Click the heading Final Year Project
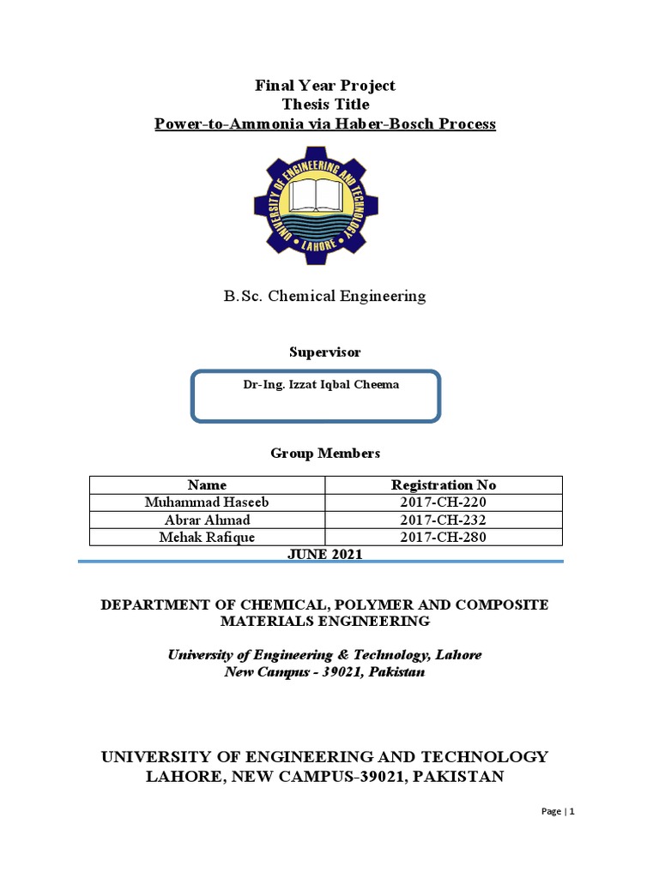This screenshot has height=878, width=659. pyautogui.click(x=324, y=86)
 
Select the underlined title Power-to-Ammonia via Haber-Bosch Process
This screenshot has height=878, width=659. pyautogui.click(x=324, y=124)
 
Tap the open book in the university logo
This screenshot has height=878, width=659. pyautogui.click(x=316, y=195)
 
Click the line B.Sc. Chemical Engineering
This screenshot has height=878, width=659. pyautogui.click(x=324, y=297)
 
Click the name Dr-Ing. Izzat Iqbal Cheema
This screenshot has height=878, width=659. pyautogui.click(x=321, y=385)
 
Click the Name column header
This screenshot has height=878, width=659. pyautogui.click(x=207, y=485)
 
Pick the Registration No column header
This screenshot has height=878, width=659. pyautogui.click(x=444, y=485)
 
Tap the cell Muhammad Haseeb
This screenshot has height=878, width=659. pyautogui.click(x=207, y=502)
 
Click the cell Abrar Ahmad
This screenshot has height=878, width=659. pyautogui.click(x=207, y=520)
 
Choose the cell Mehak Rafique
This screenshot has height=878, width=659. pyautogui.click(x=207, y=538)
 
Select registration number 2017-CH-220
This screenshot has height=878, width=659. pyautogui.click(x=444, y=502)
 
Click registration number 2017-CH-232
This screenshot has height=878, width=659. pyautogui.click(x=444, y=520)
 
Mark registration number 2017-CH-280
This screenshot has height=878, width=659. pyautogui.click(x=444, y=538)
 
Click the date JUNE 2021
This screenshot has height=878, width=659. pyautogui.click(x=324, y=555)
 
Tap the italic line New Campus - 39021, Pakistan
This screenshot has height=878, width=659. pyautogui.click(x=324, y=672)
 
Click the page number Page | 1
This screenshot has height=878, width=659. pyautogui.click(x=559, y=811)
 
